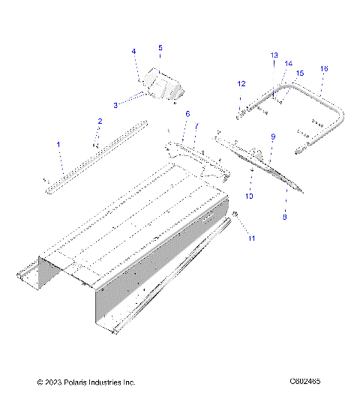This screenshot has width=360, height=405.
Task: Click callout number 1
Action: pyautogui.click(x=60, y=143)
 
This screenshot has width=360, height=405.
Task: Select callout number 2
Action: pyautogui.click(x=99, y=121)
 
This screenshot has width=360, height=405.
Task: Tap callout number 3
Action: pyautogui.click(x=115, y=106)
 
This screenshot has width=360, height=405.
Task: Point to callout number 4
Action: pyautogui.click(x=134, y=52)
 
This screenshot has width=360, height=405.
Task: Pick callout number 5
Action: pyautogui.click(x=160, y=48)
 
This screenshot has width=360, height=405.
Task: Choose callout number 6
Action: pyautogui.click(x=187, y=113)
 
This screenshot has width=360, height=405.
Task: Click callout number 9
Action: pyautogui.click(x=273, y=136)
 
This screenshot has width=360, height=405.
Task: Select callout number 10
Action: pyautogui.click(x=250, y=196)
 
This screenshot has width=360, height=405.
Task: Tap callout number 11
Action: pyautogui.click(x=252, y=238)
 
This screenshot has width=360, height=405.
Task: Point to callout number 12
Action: pyautogui.click(x=241, y=83)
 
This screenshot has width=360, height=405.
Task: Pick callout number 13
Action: pyautogui.click(x=274, y=55)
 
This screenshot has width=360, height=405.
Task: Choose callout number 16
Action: pyautogui.click(x=324, y=68)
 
